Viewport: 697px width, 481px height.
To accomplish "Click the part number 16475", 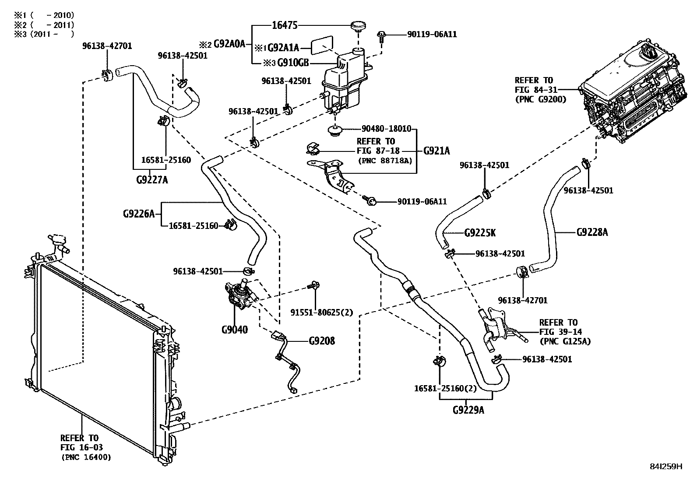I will coord(285,25).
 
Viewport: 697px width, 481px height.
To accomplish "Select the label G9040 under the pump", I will coord(234,330).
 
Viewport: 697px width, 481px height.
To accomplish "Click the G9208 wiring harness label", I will coord(322,341).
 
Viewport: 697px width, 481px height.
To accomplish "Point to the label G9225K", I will coord(480,232).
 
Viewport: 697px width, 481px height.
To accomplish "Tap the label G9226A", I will coord(139,214).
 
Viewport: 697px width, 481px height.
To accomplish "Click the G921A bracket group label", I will coord(437,151).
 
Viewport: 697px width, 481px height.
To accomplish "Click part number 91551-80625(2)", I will coord(322,312).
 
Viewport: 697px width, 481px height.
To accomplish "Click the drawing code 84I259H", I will coord(666,467).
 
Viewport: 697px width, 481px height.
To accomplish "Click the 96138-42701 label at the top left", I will coord(107,46).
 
